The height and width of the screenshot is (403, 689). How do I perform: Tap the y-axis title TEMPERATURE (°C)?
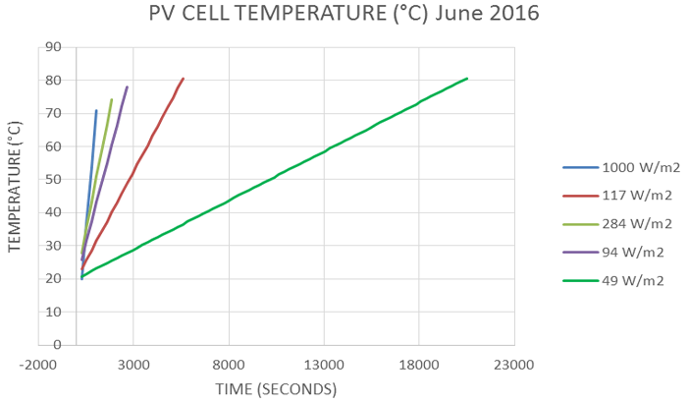tap(15, 187)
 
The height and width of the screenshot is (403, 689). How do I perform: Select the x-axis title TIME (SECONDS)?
tap(276, 389)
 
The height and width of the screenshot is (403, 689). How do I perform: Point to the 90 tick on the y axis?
tap(52, 46)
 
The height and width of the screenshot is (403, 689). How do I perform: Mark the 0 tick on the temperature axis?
tap(56, 345)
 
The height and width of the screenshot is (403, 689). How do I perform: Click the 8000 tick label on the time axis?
tap(229, 364)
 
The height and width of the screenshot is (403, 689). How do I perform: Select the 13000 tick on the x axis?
tap(324, 364)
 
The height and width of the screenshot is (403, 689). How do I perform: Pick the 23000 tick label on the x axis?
tap(513, 364)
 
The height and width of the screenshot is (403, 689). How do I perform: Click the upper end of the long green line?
tap(467, 79)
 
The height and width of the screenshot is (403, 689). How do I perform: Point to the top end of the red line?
tap(183, 79)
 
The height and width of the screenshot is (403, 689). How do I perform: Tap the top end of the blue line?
tap(96, 110)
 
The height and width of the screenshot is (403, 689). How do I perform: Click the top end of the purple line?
tap(128, 86)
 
